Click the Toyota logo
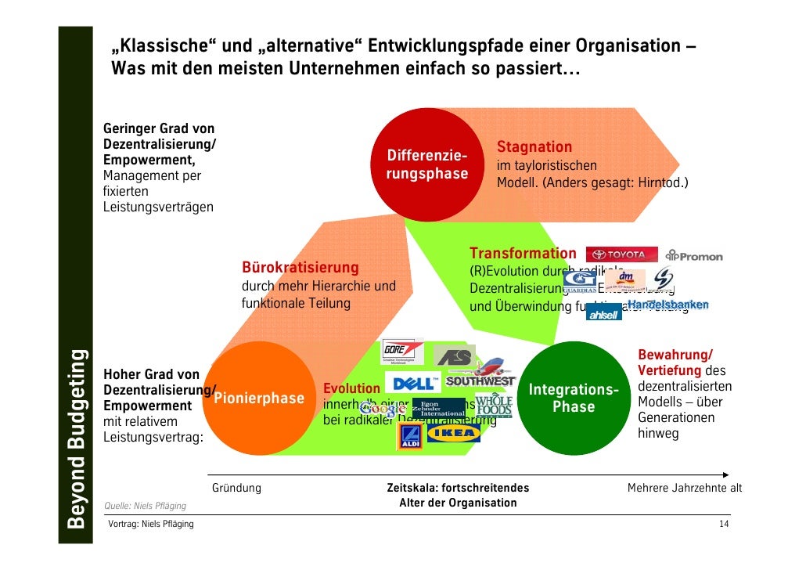coord(618,254)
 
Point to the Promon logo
coord(694,255)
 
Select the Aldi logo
coord(409,437)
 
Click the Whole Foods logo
coord(495,405)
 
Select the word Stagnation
coord(534,147)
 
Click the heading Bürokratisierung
coord(300,269)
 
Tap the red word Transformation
coord(522,254)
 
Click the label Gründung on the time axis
coord(236,489)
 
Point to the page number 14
coord(724,524)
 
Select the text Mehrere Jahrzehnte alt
coord(685,489)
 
